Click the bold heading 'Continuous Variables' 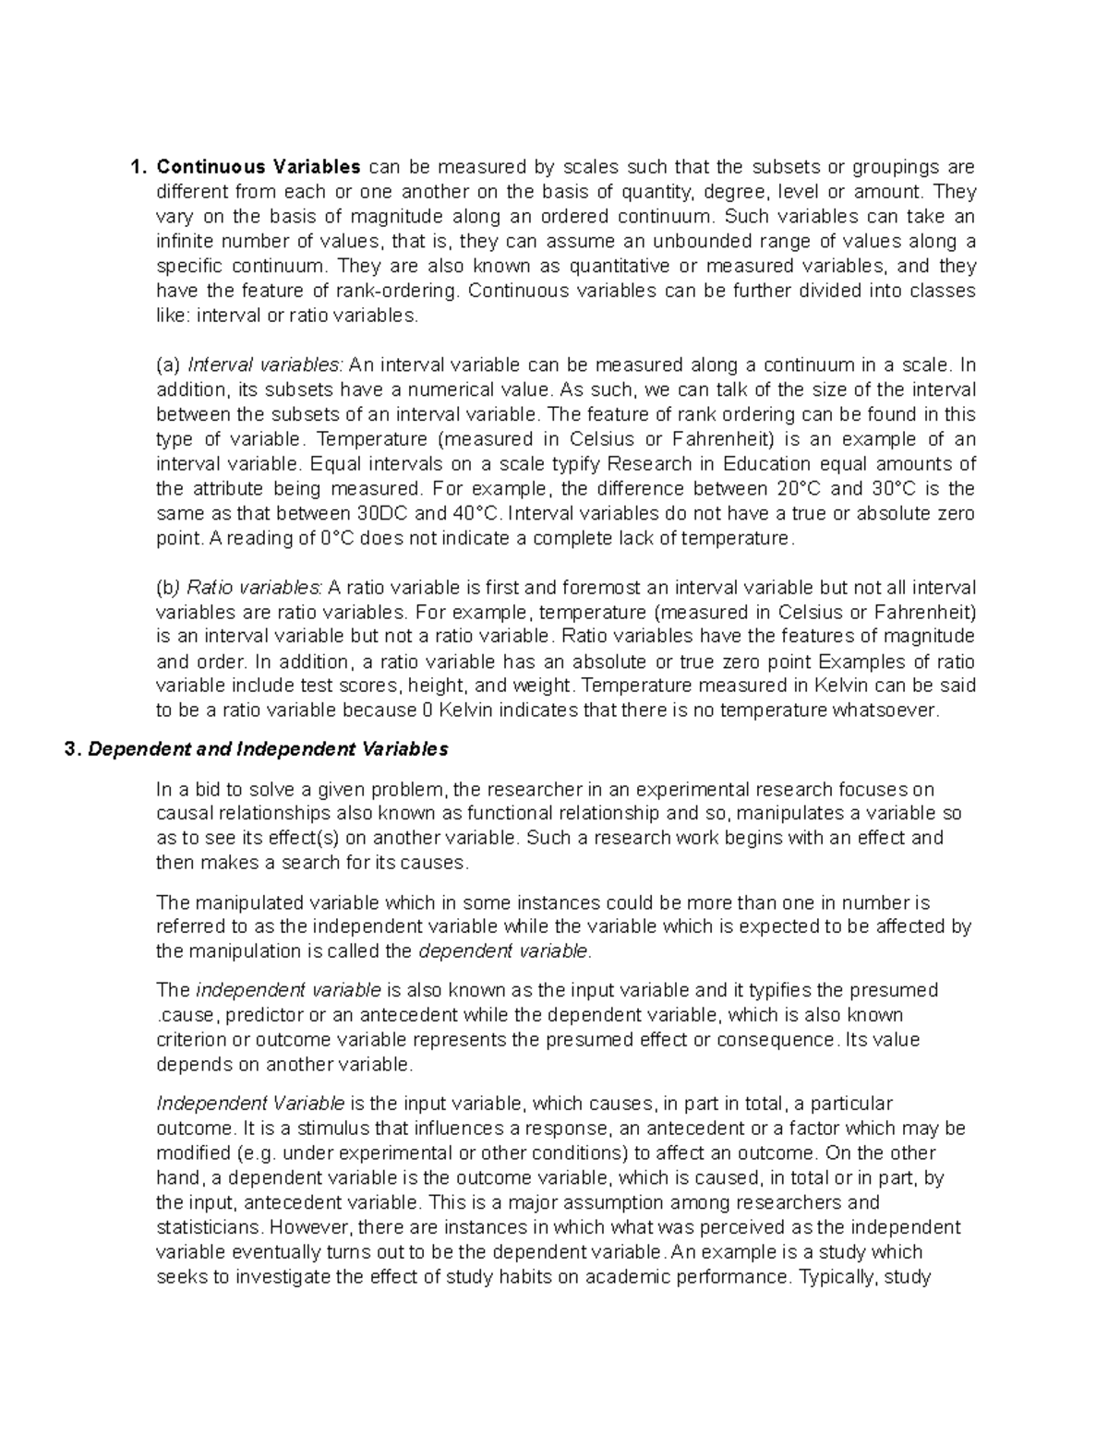259,167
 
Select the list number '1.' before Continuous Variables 138,167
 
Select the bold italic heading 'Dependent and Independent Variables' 267,749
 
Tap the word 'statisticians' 209,1227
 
